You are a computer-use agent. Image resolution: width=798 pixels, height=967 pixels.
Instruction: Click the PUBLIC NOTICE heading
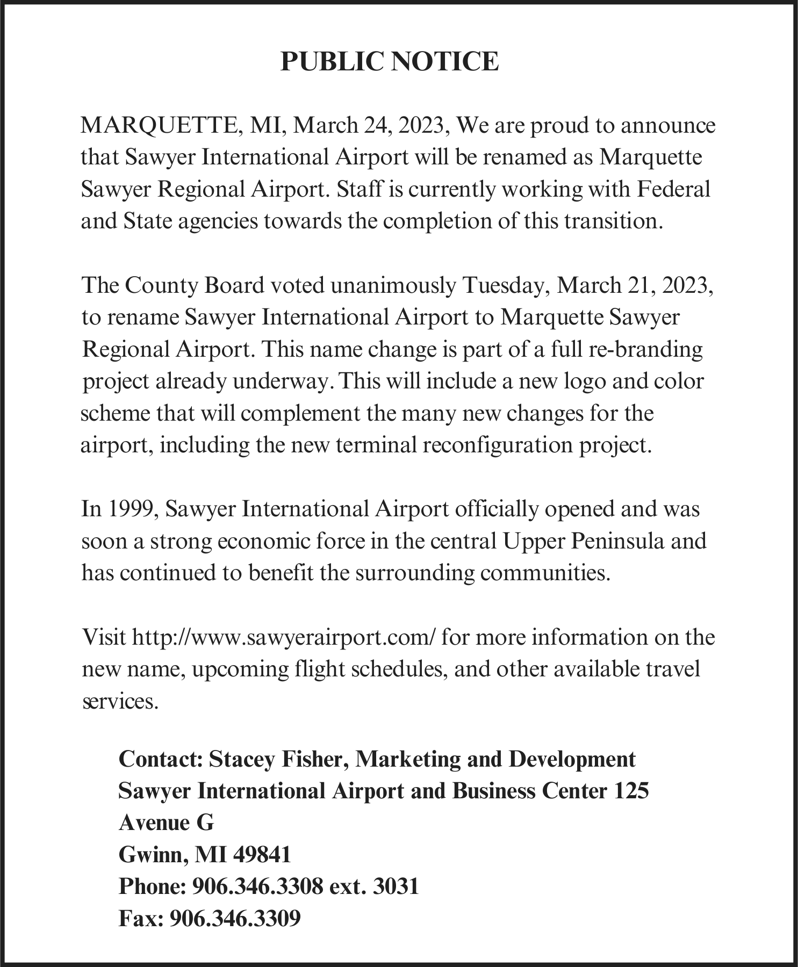[x=390, y=62]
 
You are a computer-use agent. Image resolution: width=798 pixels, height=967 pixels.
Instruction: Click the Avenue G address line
[x=166, y=822]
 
